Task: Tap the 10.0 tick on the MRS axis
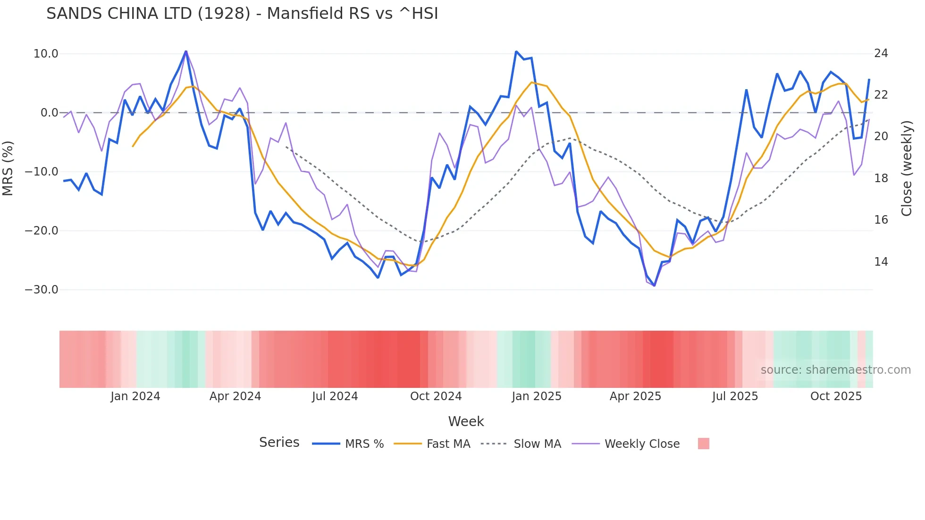click(46, 54)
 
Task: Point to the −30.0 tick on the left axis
click(42, 290)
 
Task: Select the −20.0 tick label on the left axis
click(42, 231)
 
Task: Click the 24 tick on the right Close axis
click(881, 53)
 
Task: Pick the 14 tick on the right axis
click(881, 262)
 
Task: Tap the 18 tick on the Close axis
click(881, 178)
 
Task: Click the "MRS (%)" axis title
click(8, 168)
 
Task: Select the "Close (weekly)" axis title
click(906, 168)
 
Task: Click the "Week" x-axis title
click(466, 421)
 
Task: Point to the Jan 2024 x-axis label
click(135, 396)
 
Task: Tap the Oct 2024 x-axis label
click(436, 396)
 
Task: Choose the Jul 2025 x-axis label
click(735, 396)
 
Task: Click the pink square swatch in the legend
click(703, 444)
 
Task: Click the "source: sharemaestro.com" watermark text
click(835, 370)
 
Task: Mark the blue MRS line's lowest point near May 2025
click(654, 285)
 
